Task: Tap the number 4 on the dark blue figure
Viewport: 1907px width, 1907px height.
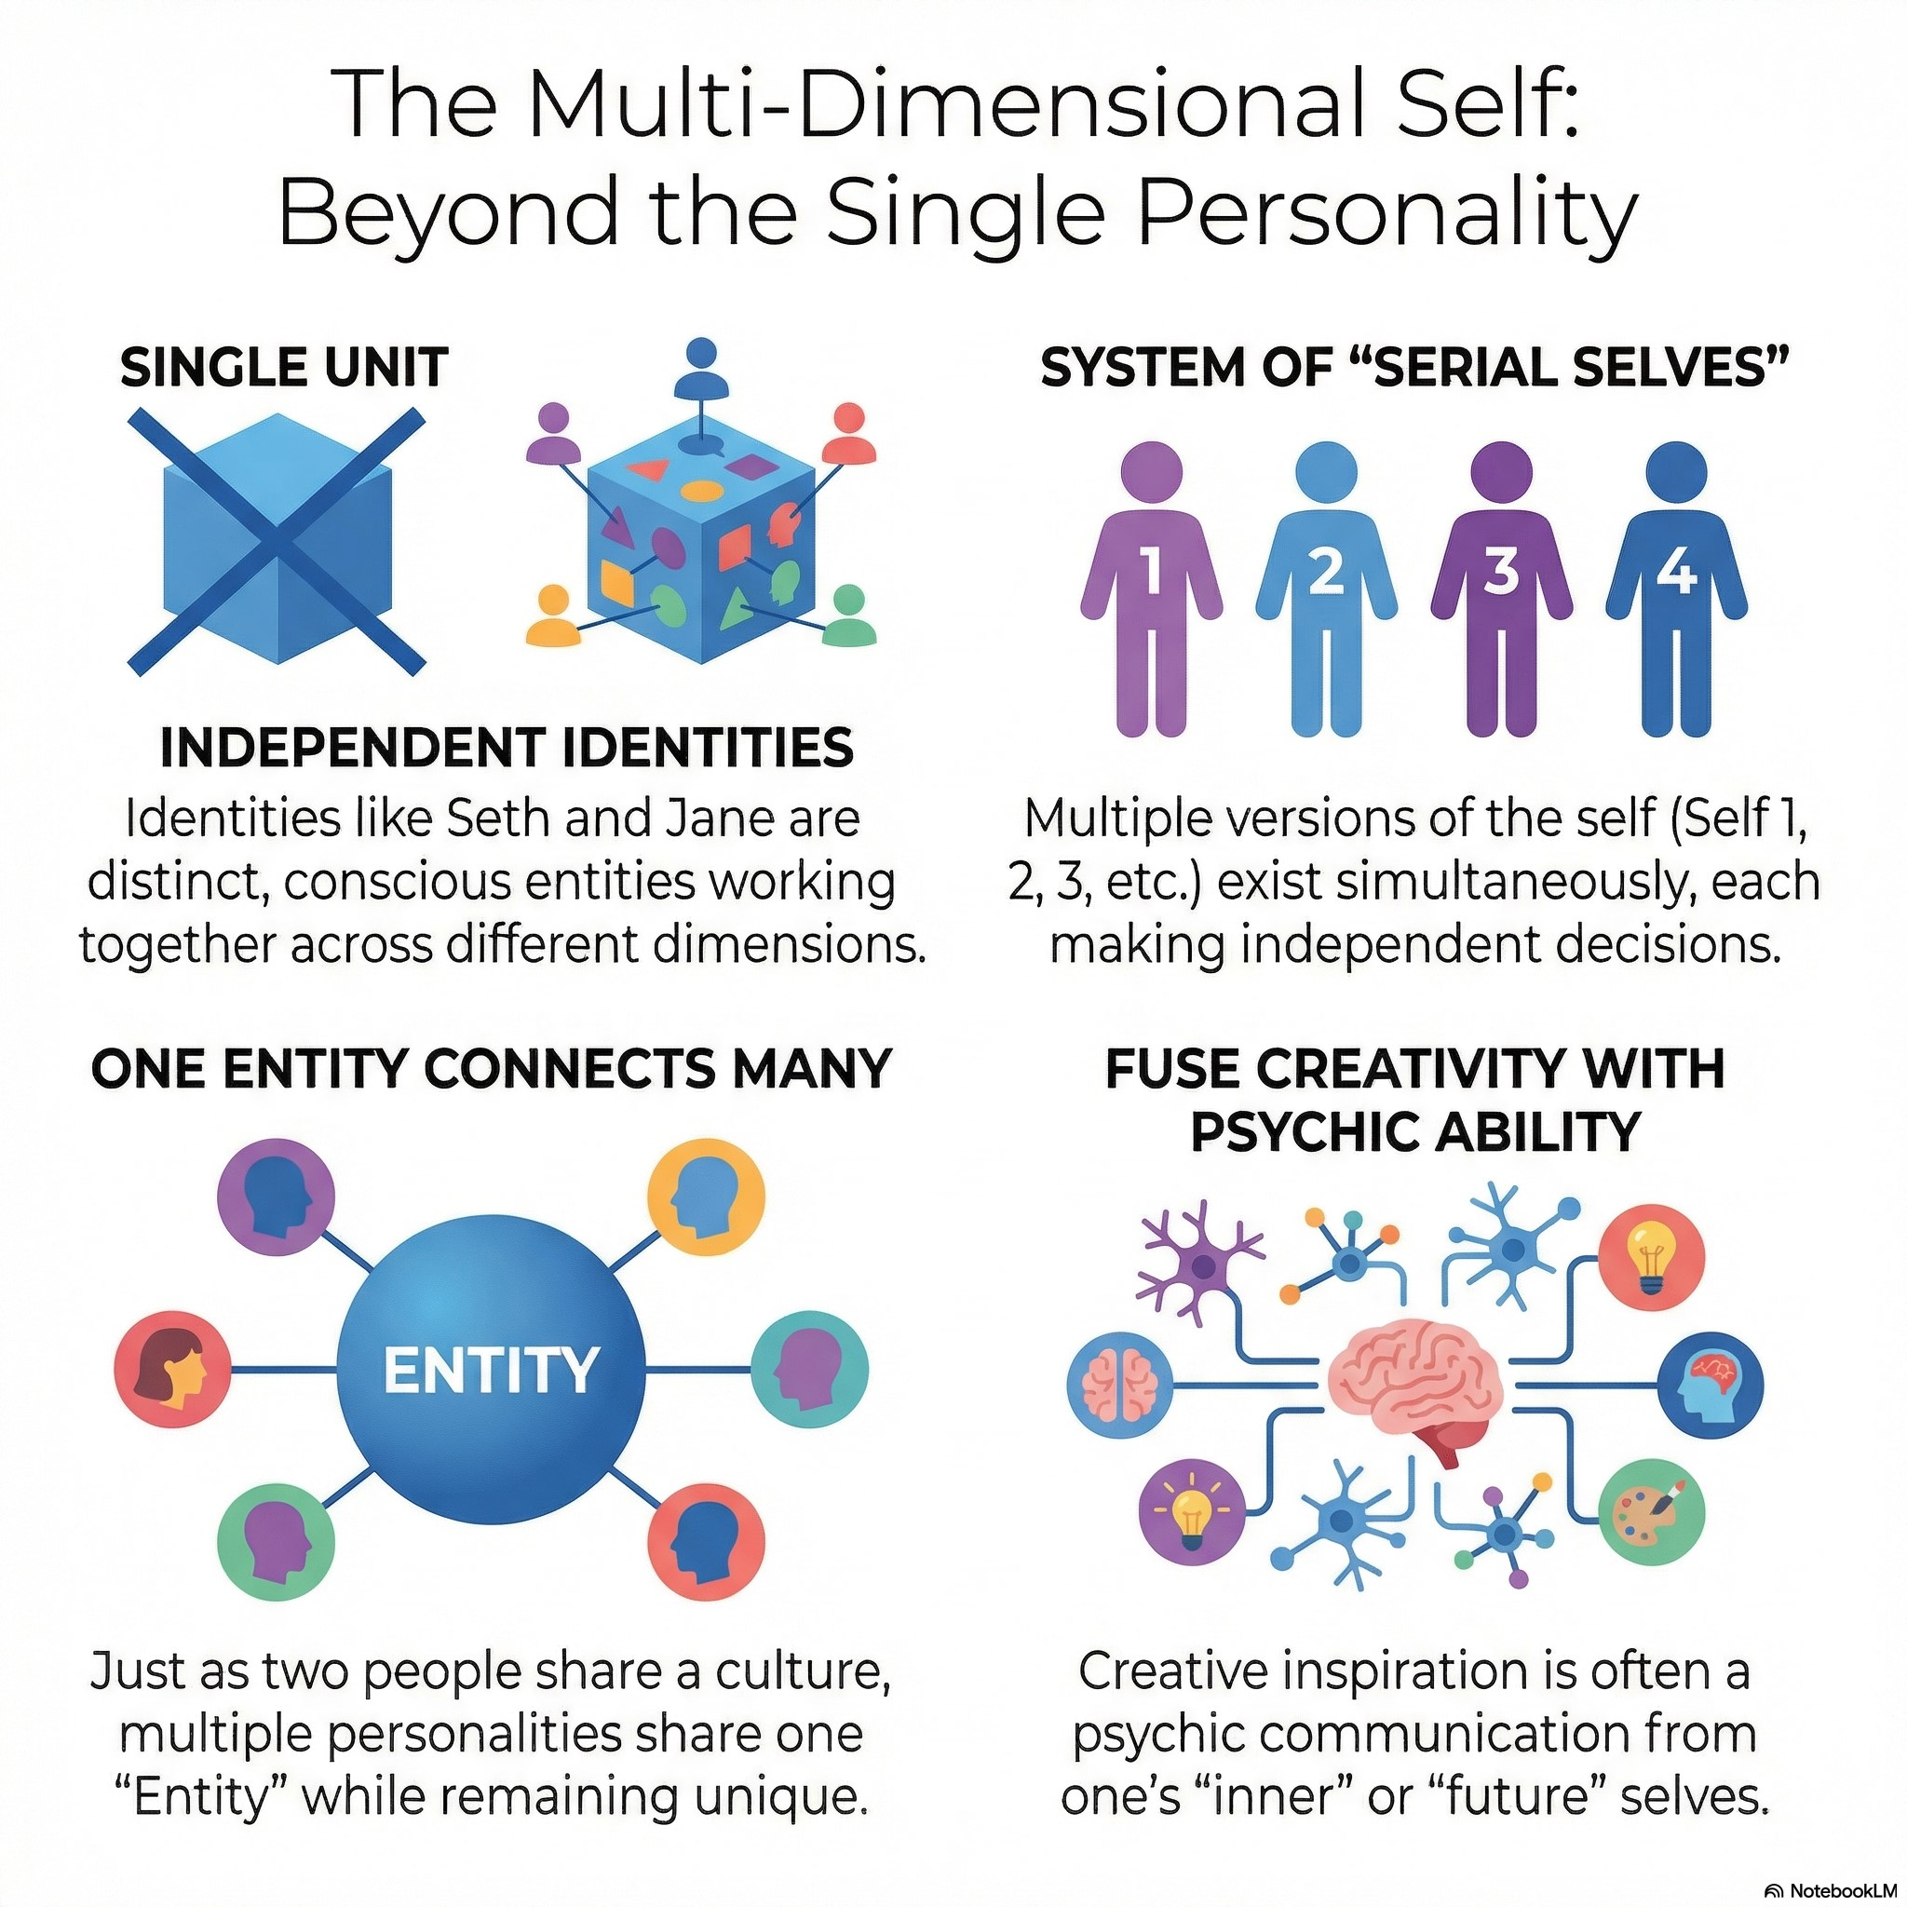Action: pyautogui.click(x=1676, y=570)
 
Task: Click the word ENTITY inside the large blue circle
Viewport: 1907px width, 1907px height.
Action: pyautogui.click(x=491, y=1370)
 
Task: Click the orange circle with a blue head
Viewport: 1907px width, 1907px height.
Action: pyautogui.click(x=705, y=1197)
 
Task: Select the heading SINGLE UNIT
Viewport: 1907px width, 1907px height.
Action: pyautogui.click(x=284, y=367)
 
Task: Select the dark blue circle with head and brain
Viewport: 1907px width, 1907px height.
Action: pyautogui.click(x=1710, y=1382)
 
